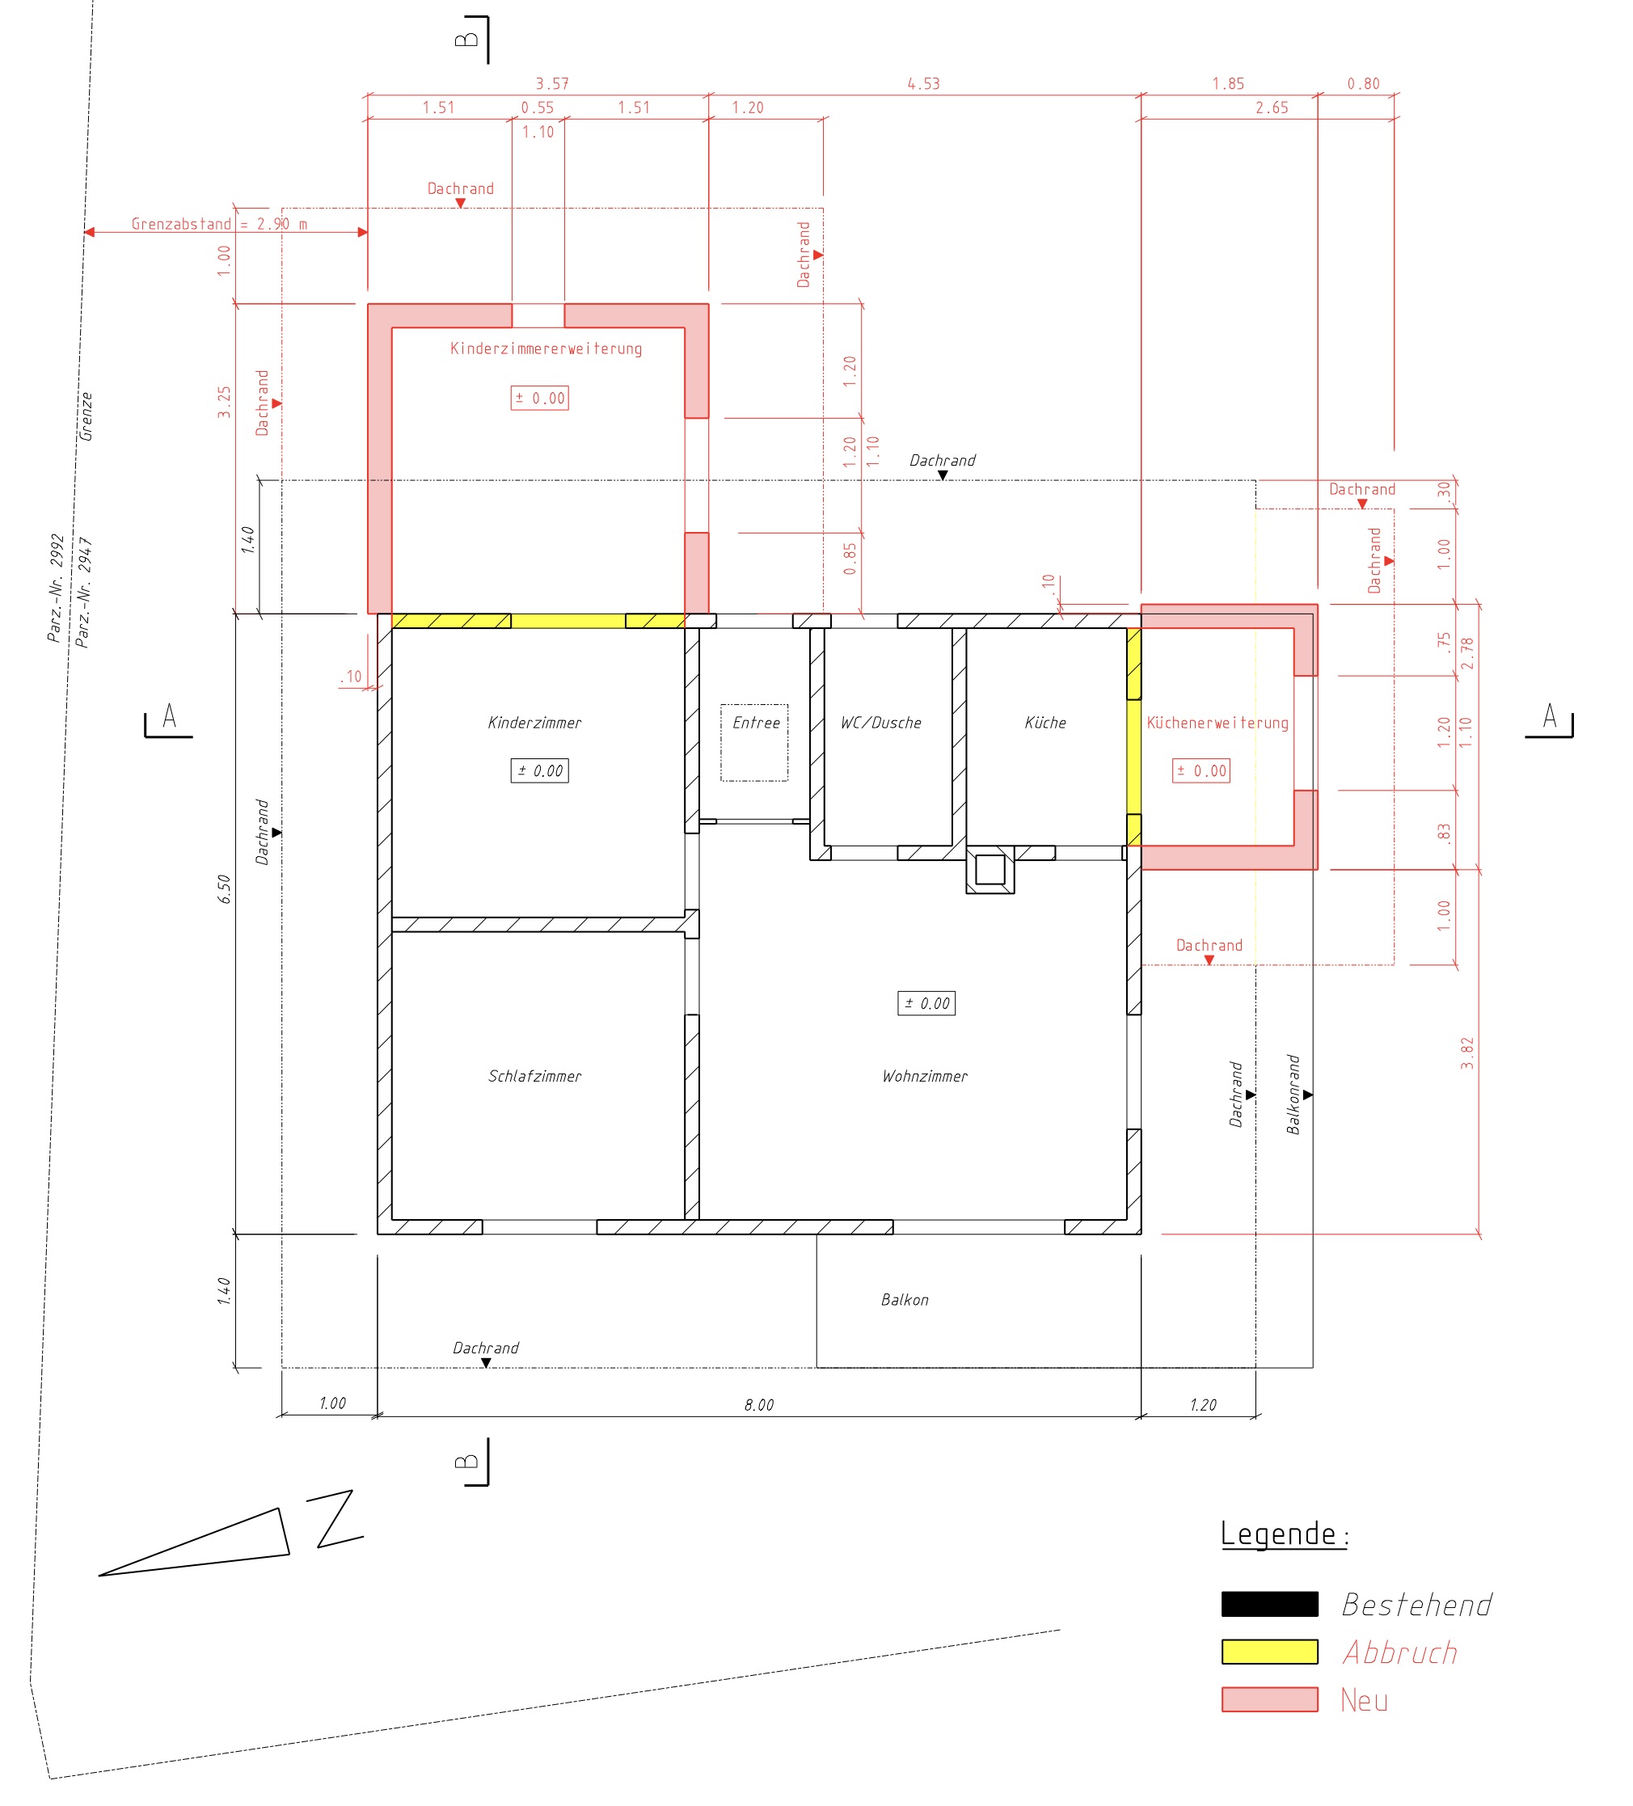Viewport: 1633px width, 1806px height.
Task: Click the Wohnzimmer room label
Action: click(925, 1076)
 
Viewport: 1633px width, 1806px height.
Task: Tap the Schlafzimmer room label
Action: click(535, 1076)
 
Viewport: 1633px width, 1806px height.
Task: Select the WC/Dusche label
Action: click(880, 722)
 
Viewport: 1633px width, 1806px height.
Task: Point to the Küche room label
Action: click(1045, 722)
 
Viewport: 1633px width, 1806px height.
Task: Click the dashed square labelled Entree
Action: click(754, 743)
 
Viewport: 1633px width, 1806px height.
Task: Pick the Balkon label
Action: click(905, 1299)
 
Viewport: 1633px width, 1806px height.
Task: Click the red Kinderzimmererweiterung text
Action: click(546, 348)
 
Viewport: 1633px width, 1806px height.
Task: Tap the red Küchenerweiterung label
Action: click(1217, 722)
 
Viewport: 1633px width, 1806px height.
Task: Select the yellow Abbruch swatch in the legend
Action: click(1269, 1652)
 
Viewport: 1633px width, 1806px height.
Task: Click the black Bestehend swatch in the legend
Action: click(1269, 1605)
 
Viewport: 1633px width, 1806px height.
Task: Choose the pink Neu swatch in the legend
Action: click(1269, 1699)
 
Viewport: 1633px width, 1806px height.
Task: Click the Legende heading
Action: click(1285, 1534)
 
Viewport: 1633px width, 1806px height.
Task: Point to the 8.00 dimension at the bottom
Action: click(759, 1405)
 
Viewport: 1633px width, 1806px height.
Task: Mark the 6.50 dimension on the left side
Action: click(224, 888)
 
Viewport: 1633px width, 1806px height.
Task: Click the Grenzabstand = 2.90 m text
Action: click(219, 224)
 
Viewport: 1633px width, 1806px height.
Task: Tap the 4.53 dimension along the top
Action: click(923, 83)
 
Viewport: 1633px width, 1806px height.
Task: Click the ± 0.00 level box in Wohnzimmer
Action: click(926, 1003)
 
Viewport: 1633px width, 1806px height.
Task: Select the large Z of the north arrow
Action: click(336, 1519)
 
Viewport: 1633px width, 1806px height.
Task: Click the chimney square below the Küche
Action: click(990, 869)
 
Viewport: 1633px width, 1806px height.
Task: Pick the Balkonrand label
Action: click(1293, 1095)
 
